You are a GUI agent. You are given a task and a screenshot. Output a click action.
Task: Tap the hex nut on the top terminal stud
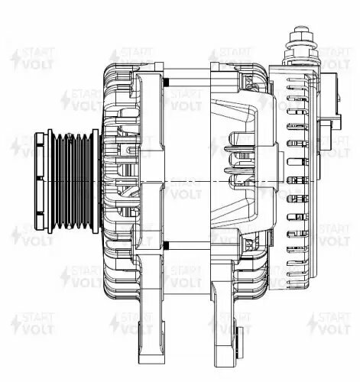(299, 38)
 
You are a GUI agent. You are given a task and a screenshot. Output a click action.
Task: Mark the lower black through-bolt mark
(165, 244)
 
